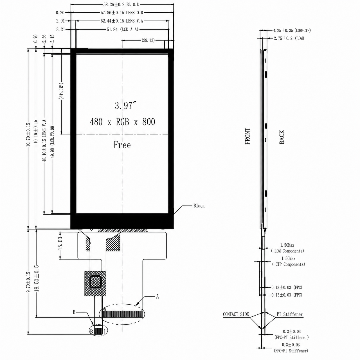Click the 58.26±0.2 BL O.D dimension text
[x=121, y=4]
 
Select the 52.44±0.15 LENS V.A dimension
[x=122, y=21]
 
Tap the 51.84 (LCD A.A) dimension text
[x=123, y=29]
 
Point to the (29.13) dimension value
[x=148, y=40]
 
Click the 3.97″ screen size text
[x=126, y=105]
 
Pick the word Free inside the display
[x=122, y=145]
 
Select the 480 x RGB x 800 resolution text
[x=122, y=122]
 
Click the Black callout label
[x=199, y=206]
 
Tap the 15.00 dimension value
[x=60, y=244]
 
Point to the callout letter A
[x=157, y=296]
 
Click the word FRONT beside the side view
[x=247, y=136]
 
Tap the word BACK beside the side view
[x=282, y=137]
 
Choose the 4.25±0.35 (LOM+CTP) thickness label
[x=292, y=30]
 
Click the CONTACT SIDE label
[x=236, y=314]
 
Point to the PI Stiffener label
[x=290, y=314]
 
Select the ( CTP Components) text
[x=289, y=264]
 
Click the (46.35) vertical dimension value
[x=61, y=91]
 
